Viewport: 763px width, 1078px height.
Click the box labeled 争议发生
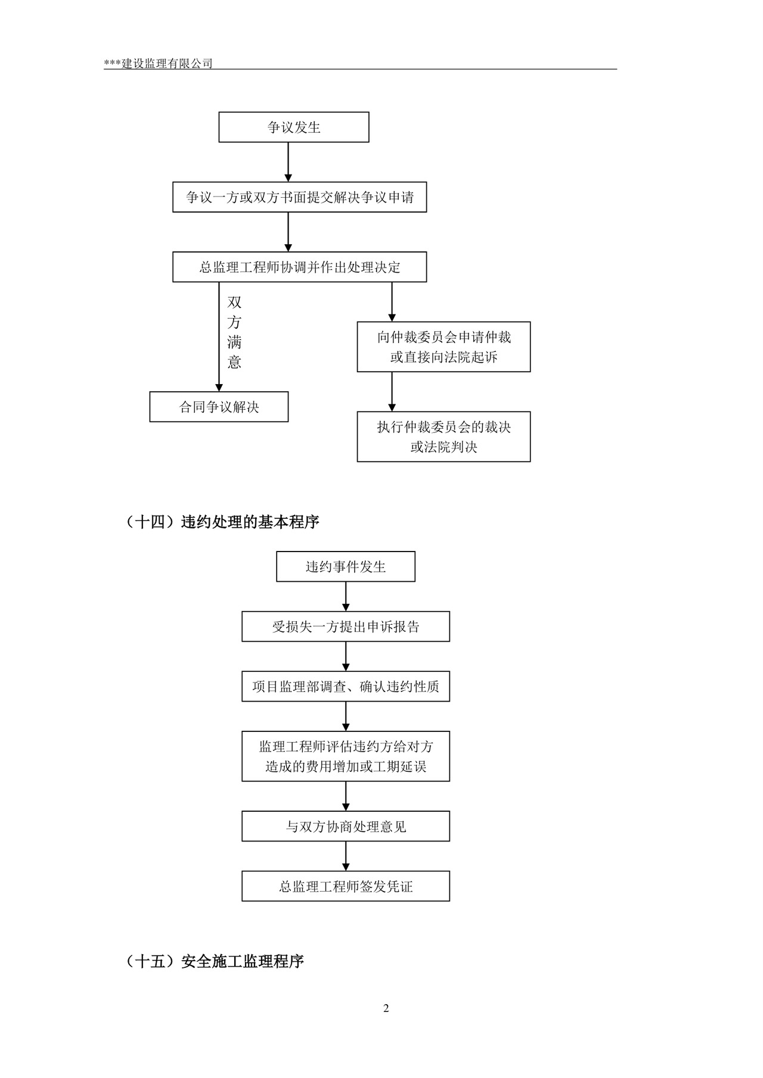point(294,127)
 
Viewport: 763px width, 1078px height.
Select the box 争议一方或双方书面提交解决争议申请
point(299,197)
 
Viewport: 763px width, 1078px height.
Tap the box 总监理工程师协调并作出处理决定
point(299,267)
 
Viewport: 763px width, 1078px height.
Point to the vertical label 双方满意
point(234,332)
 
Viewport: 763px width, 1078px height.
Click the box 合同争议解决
point(219,407)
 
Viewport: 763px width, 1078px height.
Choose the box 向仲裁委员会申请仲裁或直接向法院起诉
point(443,347)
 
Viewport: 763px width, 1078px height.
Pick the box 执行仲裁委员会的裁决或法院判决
point(443,437)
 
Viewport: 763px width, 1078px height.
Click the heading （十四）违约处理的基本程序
point(223,522)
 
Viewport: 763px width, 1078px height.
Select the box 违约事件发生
point(345,566)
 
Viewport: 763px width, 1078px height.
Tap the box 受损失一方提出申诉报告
point(345,627)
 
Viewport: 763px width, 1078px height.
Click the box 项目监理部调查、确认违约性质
point(345,687)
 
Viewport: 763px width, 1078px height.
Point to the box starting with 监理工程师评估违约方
point(345,756)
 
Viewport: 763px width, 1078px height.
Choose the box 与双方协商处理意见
point(345,826)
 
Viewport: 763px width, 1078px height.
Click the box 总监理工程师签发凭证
point(345,886)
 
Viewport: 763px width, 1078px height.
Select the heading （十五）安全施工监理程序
point(215,961)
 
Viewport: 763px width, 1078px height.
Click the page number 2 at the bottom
point(386,1008)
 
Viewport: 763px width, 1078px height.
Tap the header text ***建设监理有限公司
point(158,63)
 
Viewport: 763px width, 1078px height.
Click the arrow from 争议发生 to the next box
point(289,162)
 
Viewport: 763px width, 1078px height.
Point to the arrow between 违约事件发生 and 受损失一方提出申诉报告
point(346,596)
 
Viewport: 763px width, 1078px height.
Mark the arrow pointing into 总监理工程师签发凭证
point(346,856)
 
